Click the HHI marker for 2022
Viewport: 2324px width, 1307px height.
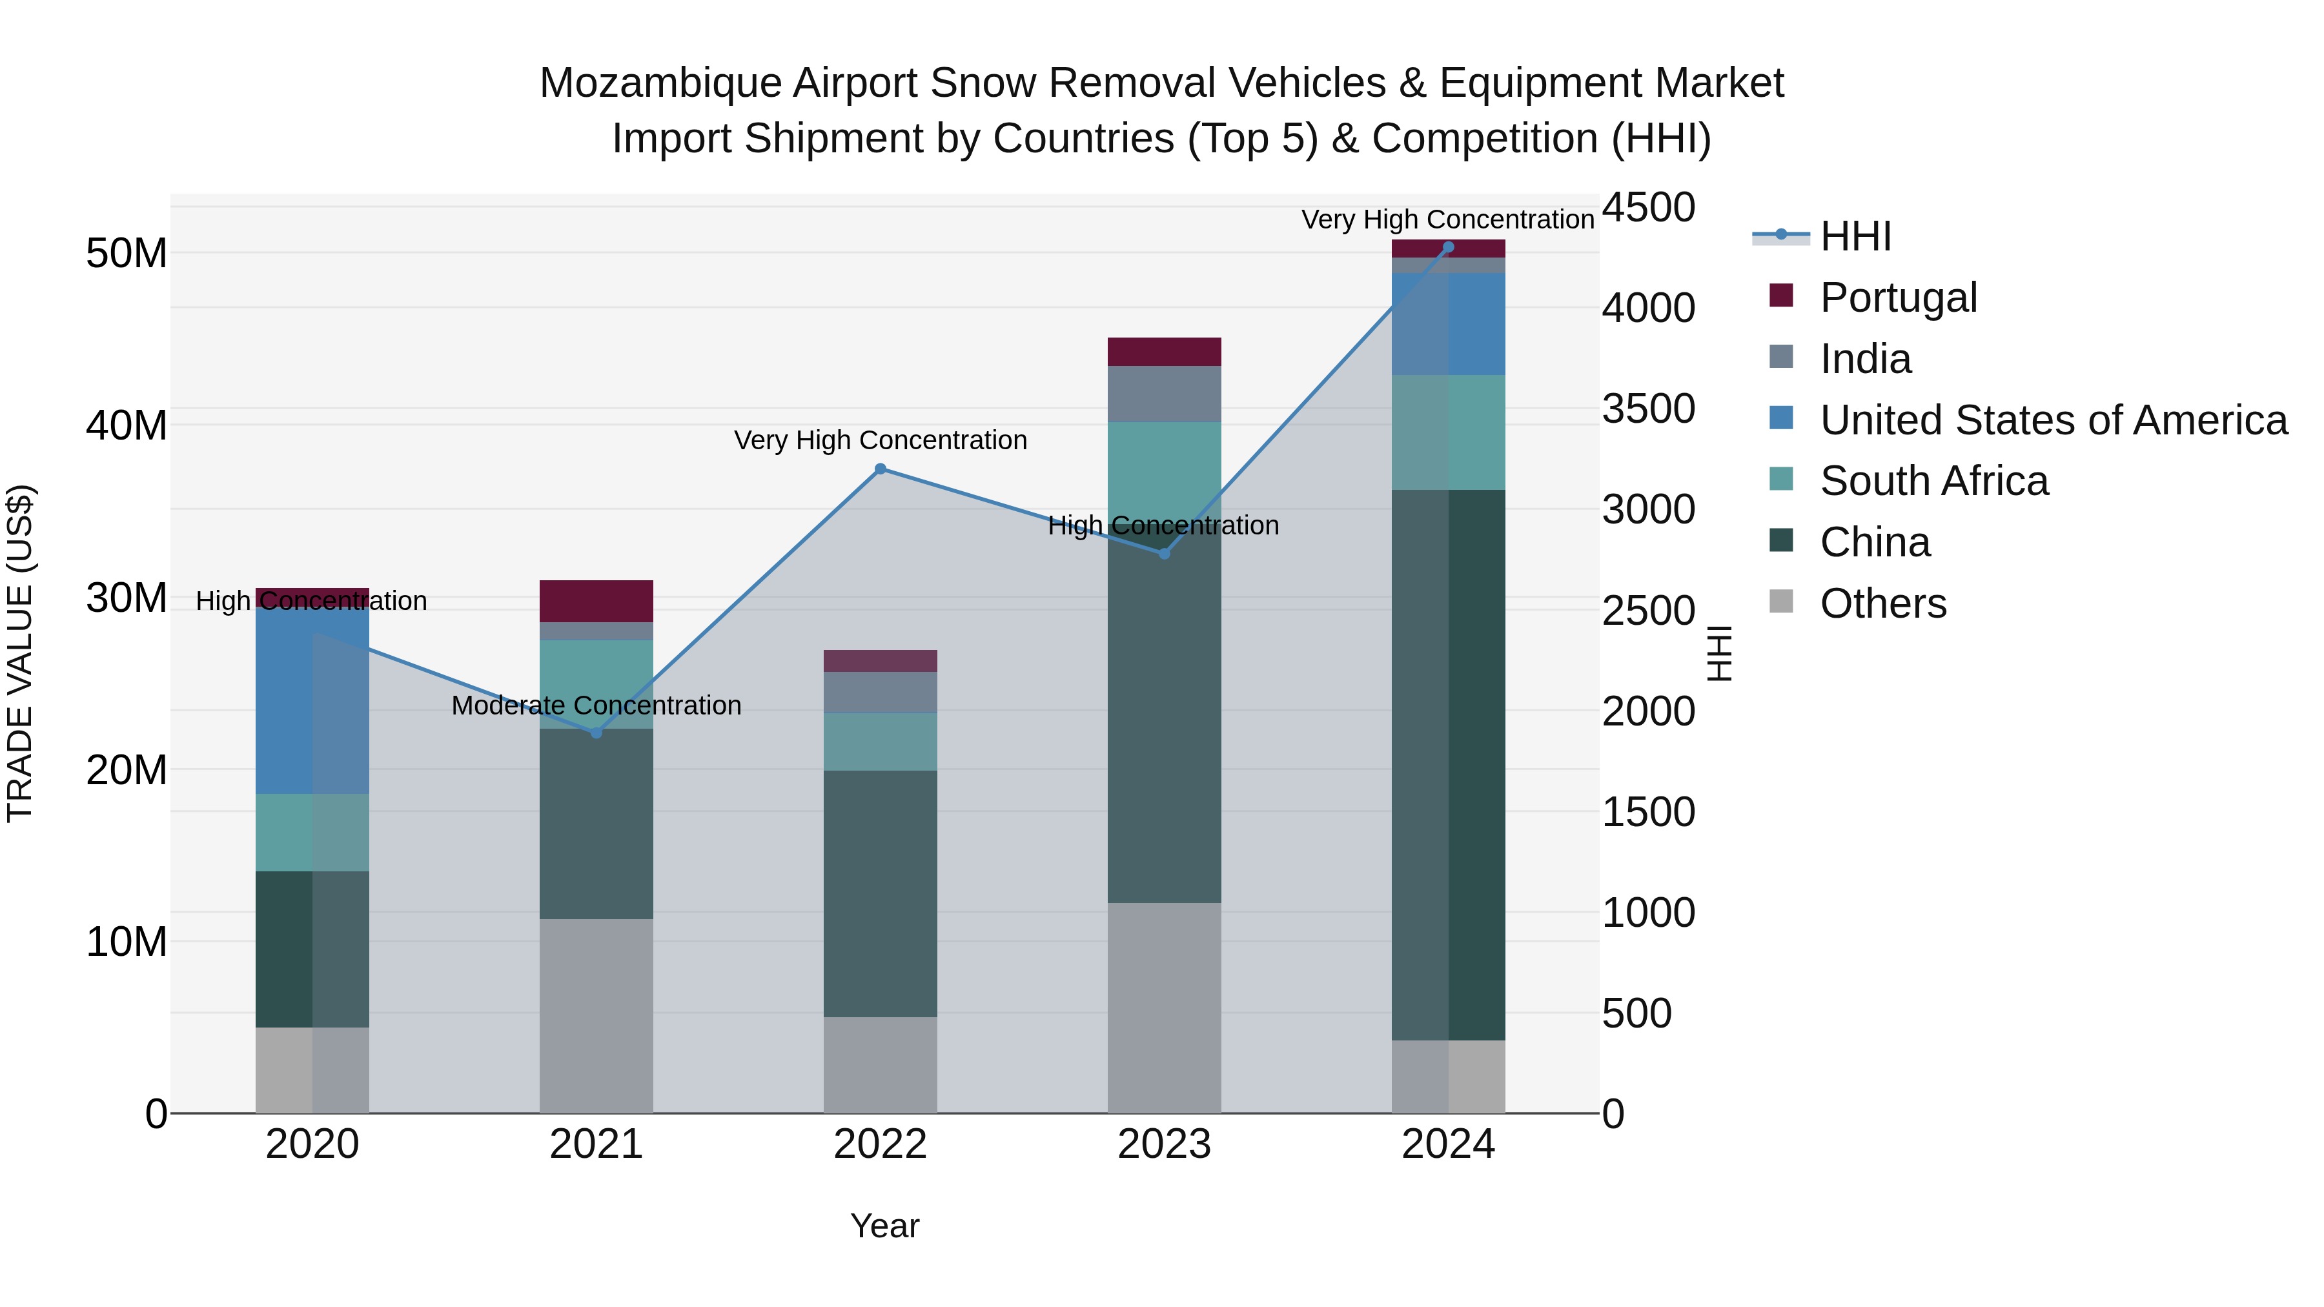coord(881,469)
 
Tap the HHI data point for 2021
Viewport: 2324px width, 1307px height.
coord(596,733)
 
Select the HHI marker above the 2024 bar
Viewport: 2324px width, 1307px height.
coord(1448,247)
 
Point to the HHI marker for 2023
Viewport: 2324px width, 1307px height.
coord(1164,554)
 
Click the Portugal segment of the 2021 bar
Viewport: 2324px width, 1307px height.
coord(596,601)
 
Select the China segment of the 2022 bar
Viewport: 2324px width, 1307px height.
coord(881,893)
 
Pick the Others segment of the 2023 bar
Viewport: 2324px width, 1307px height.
coord(1164,1008)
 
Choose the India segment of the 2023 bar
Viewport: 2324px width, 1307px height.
coord(1164,394)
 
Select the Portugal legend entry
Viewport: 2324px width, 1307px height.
coord(1897,298)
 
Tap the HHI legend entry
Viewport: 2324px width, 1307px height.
coord(1854,236)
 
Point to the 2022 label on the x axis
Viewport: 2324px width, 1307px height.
coord(881,1144)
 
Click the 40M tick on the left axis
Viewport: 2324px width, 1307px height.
coord(127,425)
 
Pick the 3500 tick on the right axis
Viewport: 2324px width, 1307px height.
coord(1648,409)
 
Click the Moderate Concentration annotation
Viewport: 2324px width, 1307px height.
coord(596,705)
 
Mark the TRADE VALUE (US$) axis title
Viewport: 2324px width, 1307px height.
coord(20,653)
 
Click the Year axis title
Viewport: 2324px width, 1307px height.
coord(884,1226)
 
